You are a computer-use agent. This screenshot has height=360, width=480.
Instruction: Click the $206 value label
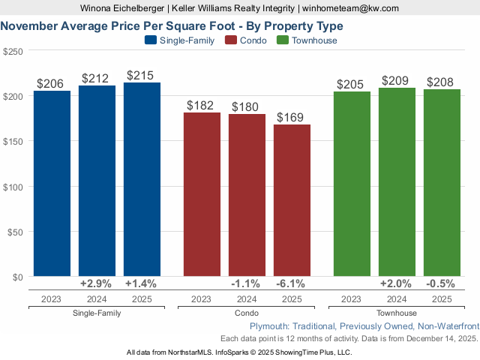52,84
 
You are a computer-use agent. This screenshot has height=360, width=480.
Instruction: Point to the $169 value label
292,118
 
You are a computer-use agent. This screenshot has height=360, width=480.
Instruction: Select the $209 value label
397,81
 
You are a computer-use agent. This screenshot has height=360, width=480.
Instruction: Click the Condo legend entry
247,40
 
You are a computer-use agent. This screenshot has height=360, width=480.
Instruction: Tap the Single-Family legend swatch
149,40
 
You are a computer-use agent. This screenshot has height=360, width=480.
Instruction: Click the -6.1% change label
292,284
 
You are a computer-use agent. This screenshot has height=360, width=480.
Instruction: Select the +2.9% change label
97,284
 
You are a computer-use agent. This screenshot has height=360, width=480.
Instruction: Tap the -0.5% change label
442,284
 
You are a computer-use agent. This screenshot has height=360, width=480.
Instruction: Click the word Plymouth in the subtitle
270,326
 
